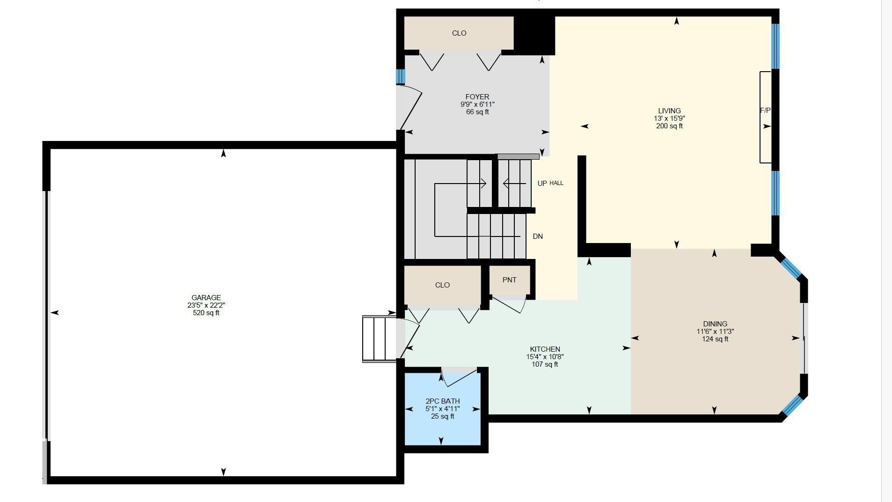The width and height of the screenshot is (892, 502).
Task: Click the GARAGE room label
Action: [x=206, y=298]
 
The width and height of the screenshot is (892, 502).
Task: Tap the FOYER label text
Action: [x=477, y=97]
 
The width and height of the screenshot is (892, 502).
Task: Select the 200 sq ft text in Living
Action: [x=669, y=126]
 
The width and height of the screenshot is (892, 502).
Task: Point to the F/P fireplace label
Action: [x=765, y=111]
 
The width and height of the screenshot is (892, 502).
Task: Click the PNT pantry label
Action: [x=509, y=280]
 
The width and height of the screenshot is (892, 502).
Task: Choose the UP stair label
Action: [x=542, y=184]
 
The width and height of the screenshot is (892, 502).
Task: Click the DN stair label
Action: [x=538, y=236]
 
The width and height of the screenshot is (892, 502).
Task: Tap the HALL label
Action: [x=556, y=183]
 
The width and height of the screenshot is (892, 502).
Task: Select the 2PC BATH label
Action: [x=442, y=401]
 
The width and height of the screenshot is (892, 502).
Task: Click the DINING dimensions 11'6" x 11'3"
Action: [x=715, y=332]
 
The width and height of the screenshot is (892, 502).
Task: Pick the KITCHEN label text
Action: [x=545, y=349]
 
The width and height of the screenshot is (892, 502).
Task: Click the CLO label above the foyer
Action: [x=459, y=33]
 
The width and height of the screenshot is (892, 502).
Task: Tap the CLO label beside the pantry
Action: [x=442, y=285]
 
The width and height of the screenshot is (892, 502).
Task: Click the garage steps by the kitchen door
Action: [x=380, y=339]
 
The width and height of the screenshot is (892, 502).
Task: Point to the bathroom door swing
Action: [x=459, y=377]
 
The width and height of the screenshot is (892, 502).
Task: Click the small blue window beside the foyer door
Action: [x=401, y=76]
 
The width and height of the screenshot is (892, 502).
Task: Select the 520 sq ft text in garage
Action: [x=206, y=313]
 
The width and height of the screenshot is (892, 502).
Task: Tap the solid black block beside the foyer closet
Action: [x=534, y=35]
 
